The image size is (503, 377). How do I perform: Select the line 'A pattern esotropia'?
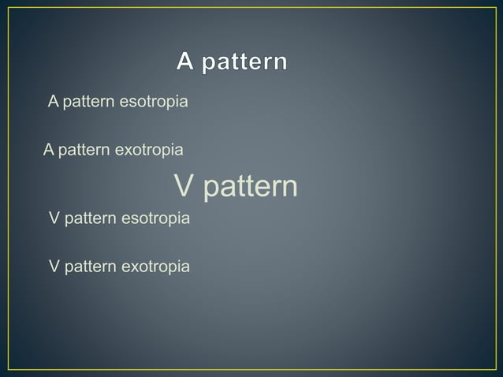click(x=118, y=103)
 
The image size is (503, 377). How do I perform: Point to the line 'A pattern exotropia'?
click(x=114, y=149)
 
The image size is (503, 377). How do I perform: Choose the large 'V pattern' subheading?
click(x=236, y=187)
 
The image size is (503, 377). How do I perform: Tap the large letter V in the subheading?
click(x=183, y=187)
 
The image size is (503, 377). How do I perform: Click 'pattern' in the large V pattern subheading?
click(x=248, y=188)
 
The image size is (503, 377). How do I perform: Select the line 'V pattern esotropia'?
click(x=119, y=218)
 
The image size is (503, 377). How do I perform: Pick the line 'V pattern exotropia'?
click(x=119, y=267)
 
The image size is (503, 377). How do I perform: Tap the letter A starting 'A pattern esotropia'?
click(x=54, y=102)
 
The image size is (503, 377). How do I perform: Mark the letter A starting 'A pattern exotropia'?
click(x=49, y=149)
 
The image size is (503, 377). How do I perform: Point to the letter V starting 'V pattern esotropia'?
click(x=54, y=218)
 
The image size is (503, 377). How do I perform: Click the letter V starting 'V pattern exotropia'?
click(x=54, y=267)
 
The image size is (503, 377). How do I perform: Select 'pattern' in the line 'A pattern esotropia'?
click(x=88, y=103)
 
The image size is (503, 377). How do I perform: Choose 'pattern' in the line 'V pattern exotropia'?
click(x=88, y=267)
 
